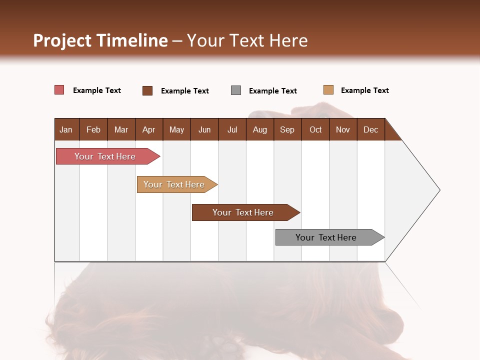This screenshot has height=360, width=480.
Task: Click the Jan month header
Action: (66, 129)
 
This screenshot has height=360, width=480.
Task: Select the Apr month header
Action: (149, 129)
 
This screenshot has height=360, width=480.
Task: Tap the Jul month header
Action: (232, 129)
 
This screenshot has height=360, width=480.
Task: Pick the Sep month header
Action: (287, 129)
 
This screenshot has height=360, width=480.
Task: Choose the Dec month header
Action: (370, 129)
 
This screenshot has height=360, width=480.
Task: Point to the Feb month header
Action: (93, 129)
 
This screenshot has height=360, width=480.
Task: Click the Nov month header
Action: (343, 129)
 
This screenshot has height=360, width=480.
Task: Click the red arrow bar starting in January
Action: (105, 156)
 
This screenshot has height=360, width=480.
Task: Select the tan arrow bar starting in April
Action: (174, 184)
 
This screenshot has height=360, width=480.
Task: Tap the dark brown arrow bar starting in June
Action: (243, 212)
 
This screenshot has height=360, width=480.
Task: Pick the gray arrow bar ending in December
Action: (326, 237)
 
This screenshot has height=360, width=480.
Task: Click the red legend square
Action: (59, 90)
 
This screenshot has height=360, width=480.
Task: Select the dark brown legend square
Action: (147, 90)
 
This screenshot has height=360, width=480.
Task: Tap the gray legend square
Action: (236, 90)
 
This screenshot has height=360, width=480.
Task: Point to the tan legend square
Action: (328, 90)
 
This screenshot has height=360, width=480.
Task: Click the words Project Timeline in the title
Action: (100, 40)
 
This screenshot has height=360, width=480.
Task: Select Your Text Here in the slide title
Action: (247, 40)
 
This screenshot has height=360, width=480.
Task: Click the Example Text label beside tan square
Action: (364, 90)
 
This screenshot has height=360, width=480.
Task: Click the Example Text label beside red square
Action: (96, 90)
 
